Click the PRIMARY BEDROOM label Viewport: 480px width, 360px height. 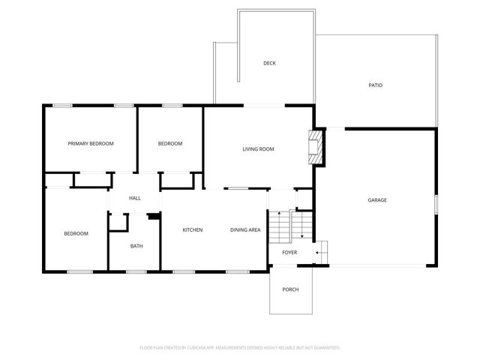coord(91,143)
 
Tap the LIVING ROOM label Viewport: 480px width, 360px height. coord(258,149)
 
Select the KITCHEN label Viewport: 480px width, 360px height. coord(193,229)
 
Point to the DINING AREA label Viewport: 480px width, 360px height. coord(245,229)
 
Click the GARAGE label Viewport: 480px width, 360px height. coord(377,200)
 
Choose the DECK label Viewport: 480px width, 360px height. coord(269,63)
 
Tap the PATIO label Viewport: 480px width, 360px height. coord(376,85)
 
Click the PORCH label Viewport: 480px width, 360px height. coord(290,289)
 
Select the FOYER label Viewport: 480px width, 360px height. coord(289,252)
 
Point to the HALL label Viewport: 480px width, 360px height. coord(135,198)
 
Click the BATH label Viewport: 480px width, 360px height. coord(136,246)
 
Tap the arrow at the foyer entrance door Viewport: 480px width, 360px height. coord(319,253)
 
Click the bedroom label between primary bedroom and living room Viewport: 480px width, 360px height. coord(169,143)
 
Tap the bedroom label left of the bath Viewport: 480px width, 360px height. coord(76,233)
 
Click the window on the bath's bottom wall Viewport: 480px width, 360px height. coord(136,271)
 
